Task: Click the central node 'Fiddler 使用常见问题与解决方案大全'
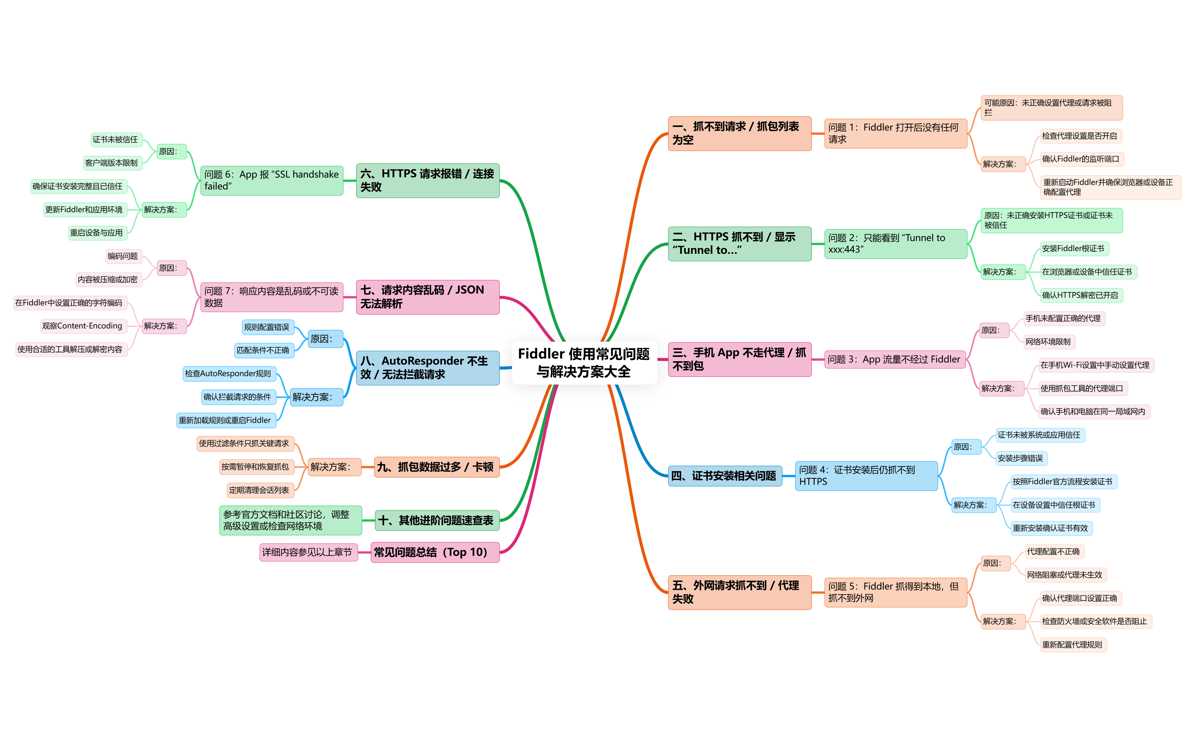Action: (584, 363)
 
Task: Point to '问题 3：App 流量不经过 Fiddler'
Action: (894, 359)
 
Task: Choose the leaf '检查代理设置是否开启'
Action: (1079, 136)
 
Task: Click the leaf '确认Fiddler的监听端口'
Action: (1080, 159)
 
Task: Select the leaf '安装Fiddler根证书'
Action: (1073, 248)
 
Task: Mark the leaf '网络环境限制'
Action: (1048, 341)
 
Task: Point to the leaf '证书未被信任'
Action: (115, 140)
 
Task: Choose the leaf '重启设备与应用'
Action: (97, 233)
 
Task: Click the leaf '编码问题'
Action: (123, 256)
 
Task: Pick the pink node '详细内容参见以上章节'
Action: (307, 552)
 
